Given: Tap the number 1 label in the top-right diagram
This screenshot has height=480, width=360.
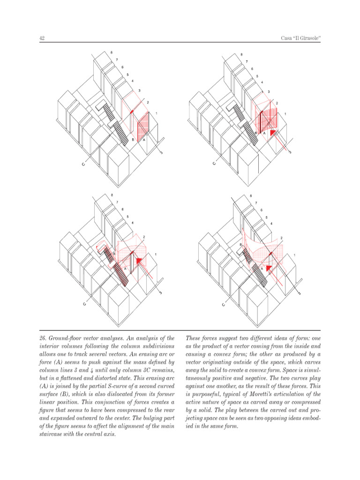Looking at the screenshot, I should [285, 114].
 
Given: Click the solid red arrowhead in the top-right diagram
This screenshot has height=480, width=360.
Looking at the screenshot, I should [273, 133].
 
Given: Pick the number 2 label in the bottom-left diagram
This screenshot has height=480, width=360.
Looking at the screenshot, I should [143, 237].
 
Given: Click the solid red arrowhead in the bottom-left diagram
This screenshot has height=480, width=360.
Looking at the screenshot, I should [138, 260].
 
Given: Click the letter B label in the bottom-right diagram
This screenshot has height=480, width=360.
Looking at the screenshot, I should [241, 245].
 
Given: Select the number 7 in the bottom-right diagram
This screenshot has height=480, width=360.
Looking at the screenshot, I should [256, 202].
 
